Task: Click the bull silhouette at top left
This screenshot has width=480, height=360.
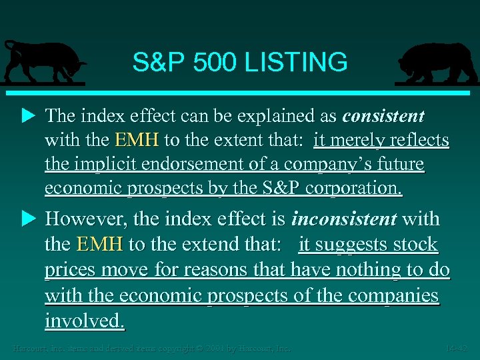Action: [x=43, y=61]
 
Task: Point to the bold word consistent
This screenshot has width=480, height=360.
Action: [x=383, y=116]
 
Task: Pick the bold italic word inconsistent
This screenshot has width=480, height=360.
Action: [x=344, y=219]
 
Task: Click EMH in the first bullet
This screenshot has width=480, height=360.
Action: [x=137, y=141]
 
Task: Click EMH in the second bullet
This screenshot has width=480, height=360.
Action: [x=100, y=244]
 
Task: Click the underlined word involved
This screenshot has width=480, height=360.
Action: [x=84, y=321]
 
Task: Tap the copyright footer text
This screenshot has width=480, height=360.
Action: [x=153, y=348]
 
